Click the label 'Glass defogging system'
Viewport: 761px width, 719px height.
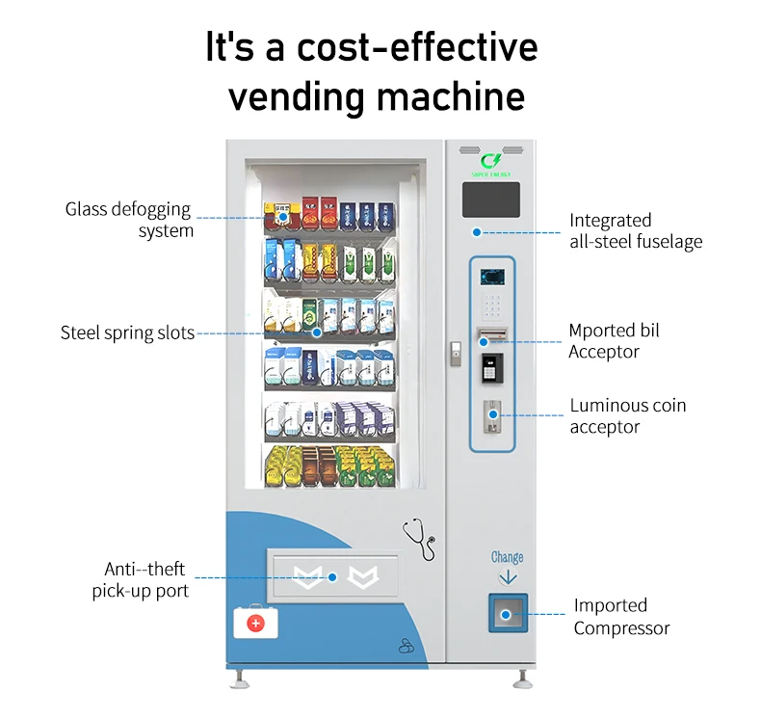coord(128,220)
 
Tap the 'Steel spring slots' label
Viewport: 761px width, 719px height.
coord(127,333)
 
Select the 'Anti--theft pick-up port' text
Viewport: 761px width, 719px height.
coord(141,579)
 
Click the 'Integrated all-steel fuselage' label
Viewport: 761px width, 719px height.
coord(635,231)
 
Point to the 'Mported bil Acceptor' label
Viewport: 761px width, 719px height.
coord(614,341)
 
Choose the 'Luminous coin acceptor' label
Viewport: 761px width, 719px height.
coord(628,415)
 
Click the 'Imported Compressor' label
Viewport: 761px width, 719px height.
coord(621,617)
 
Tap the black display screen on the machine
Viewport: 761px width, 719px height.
coord(491,200)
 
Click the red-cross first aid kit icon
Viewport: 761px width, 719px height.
coord(254,623)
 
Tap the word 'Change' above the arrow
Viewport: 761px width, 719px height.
coord(507,557)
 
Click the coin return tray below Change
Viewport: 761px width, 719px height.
coord(508,613)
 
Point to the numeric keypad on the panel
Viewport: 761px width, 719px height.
coord(492,306)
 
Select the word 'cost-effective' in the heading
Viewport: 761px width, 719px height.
coord(428,48)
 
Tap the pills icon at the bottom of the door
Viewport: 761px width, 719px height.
coord(405,647)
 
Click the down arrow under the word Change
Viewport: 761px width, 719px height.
coord(508,576)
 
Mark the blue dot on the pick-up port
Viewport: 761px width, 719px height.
coord(332,577)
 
